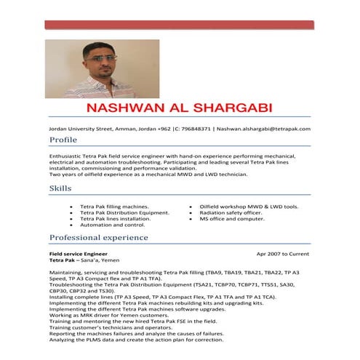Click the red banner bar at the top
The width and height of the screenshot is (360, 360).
click(180, 25)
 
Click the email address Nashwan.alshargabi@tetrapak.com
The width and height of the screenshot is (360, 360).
click(263, 129)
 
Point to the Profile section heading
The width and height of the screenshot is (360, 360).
click(63, 140)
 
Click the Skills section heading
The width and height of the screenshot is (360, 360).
click(60, 188)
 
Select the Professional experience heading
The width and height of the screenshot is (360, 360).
click(99, 238)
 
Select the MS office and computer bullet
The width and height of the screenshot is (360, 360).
click(232, 218)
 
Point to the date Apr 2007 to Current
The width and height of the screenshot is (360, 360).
click(283, 254)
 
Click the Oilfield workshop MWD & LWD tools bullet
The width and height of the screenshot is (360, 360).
click(249, 207)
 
